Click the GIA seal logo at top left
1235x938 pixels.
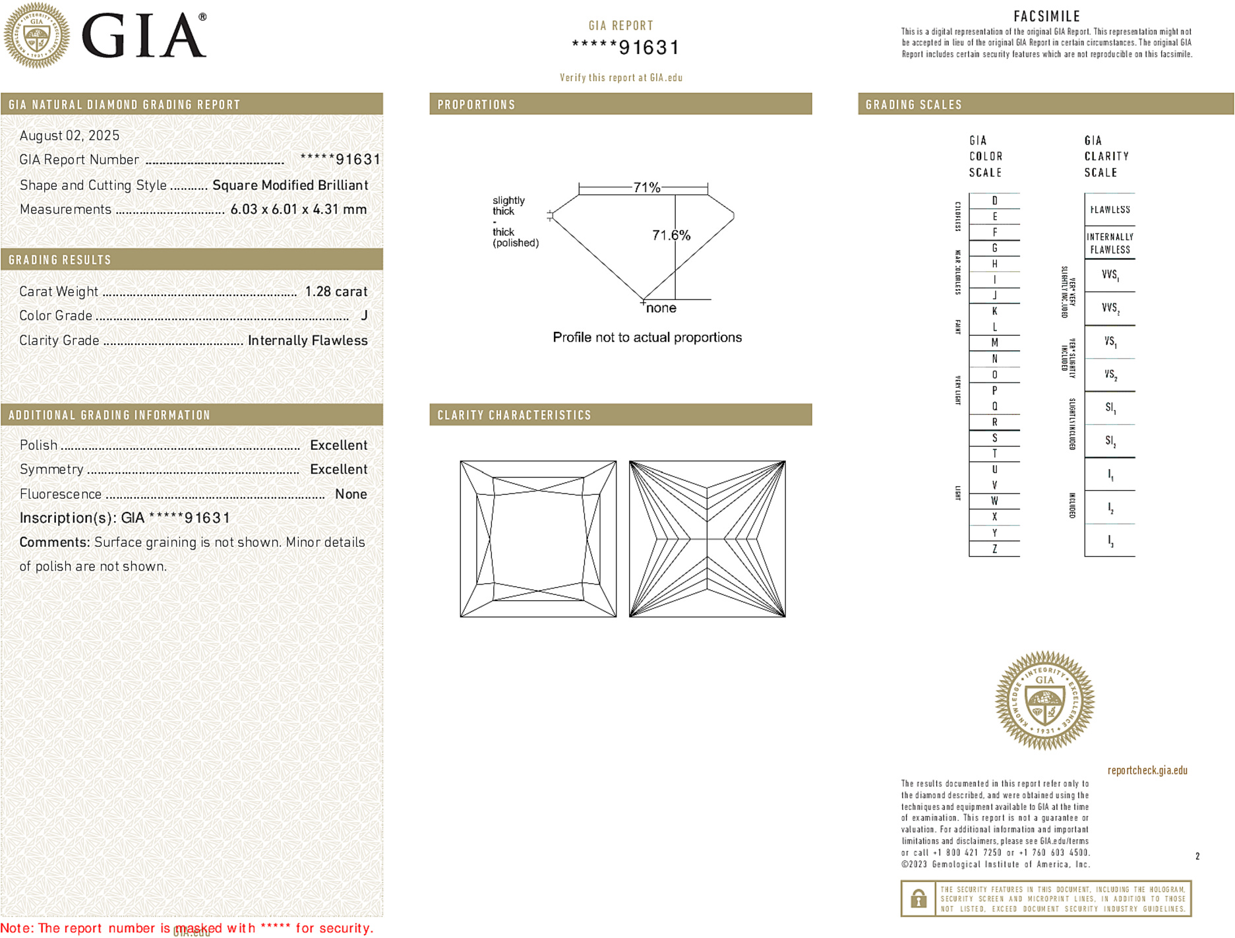pyautogui.click(x=37, y=36)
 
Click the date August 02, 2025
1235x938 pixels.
pyautogui.click(x=69, y=136)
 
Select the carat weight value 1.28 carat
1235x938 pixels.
pyautogui.click(x=336, y=292)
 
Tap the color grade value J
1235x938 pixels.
pyautogui.click(x=364, y=316)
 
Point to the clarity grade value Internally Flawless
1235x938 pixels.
pyautogui.click(x=307, y=340)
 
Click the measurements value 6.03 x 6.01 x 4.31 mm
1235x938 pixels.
pyautogui.click(x=298, y=210)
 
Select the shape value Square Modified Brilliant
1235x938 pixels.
pyautogui.click(x=290, y=185)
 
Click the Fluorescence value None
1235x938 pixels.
pyautogui.click(x=351, y=494)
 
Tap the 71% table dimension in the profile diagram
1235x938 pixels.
pyautogui.click(x=646, y=187)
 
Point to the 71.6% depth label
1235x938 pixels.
pyautogui.click(x=671, y=235)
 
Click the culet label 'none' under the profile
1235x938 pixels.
pyautogui.click(x=661, y=308)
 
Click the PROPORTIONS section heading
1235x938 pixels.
pyautogui.click(x=476, y=105)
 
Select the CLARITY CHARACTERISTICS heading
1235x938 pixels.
pyautogui.click(x=514, y=415)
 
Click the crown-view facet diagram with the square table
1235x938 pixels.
pyautogui.click(x=538, y=539)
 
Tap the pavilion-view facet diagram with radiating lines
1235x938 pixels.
pyautogui.click(x=707, y=539)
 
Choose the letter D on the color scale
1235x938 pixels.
pyautogui.click(x=994, y=201)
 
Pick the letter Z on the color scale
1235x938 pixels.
pyautogui.click(x=994, y=549)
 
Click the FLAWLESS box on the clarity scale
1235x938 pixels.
pyautogui.click(x=1110, y=210)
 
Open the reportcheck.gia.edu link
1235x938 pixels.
pyautogui.click(x=1147, y=770)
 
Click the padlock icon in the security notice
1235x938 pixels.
pyautogui.click(x=918, y=898)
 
